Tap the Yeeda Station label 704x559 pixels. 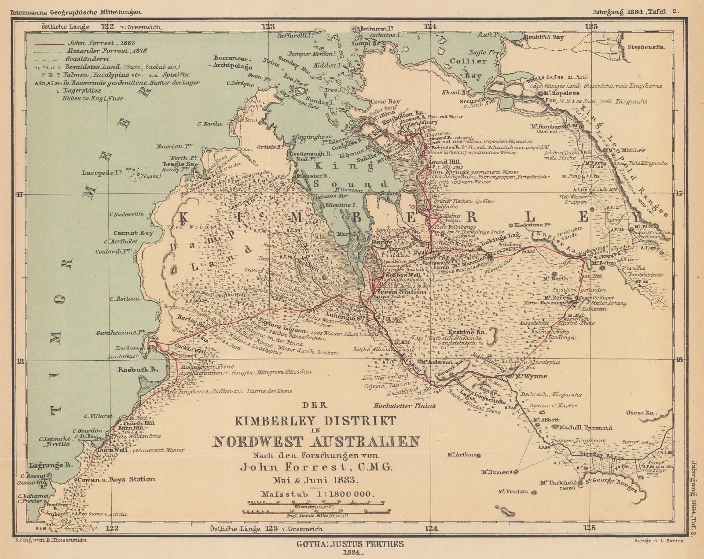[401, 292]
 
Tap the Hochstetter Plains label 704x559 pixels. [404, 405]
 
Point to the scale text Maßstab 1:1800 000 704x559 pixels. [316, 494]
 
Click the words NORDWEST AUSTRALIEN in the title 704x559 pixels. [315, 441]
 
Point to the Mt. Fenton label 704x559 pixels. [513, 491]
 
